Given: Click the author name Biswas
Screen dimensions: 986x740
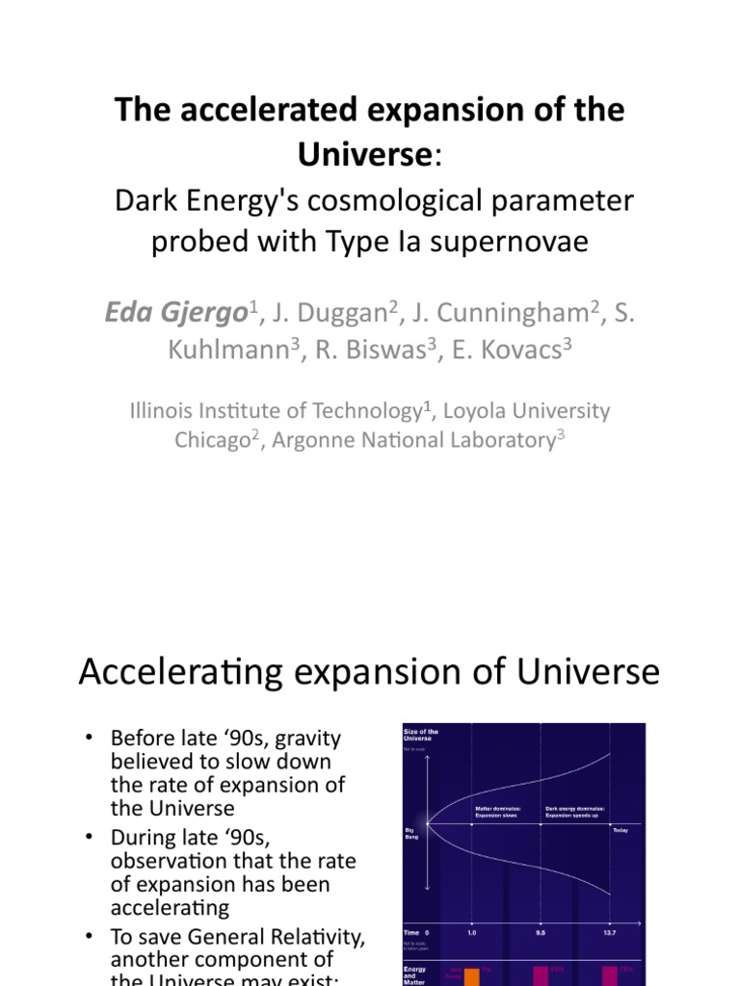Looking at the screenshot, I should pyautogui.click(x=361, y=351).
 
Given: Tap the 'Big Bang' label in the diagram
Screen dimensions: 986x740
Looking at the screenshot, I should pyautogui.click(x=410, y=831).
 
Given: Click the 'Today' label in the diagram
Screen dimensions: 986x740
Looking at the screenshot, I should pyautogui.click(x=621, y=830).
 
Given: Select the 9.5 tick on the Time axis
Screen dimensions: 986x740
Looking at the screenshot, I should pyautogui.click(x=540, y=933).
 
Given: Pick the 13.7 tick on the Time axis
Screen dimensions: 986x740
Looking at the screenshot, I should pyautogui.click(x=608, y=933).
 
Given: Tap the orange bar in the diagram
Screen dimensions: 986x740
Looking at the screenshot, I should pyautogui.click(x=472, y=975).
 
